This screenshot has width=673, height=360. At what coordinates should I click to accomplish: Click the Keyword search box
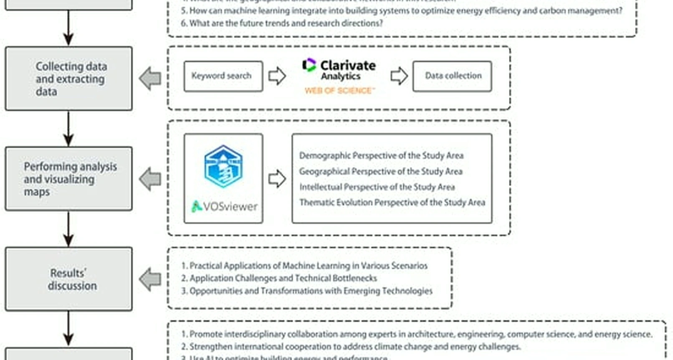[223, 76]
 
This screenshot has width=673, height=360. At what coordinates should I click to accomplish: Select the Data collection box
[452, 76]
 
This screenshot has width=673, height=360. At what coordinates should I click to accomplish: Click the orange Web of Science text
[339, 91]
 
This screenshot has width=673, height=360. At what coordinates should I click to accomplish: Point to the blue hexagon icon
[223, 166]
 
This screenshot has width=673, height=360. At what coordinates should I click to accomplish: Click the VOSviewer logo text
[225, 206]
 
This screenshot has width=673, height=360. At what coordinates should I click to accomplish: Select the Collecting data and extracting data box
[69, 79]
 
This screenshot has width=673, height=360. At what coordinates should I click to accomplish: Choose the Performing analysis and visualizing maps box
[69, 179]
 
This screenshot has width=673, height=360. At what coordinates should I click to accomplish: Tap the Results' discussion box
[69, 279]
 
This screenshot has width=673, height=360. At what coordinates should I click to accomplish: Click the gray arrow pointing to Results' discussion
[150, 279]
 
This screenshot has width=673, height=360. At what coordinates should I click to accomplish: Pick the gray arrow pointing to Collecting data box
[150, 78]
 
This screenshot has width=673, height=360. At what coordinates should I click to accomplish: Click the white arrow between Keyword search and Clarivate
[277, 76]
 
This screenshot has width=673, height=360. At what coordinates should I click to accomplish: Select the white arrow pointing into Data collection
[399, 76]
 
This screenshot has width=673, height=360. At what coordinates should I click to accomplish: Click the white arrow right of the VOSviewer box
[277, 179]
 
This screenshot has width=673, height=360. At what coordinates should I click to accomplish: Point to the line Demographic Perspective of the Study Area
[381, 155]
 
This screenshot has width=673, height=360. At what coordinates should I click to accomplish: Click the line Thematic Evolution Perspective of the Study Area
[392, 203]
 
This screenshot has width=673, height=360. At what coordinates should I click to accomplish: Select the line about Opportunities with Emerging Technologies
[307, 291]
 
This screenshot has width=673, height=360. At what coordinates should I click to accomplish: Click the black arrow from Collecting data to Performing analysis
[68, 128]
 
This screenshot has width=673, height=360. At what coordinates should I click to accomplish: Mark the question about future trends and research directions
[282, 23]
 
